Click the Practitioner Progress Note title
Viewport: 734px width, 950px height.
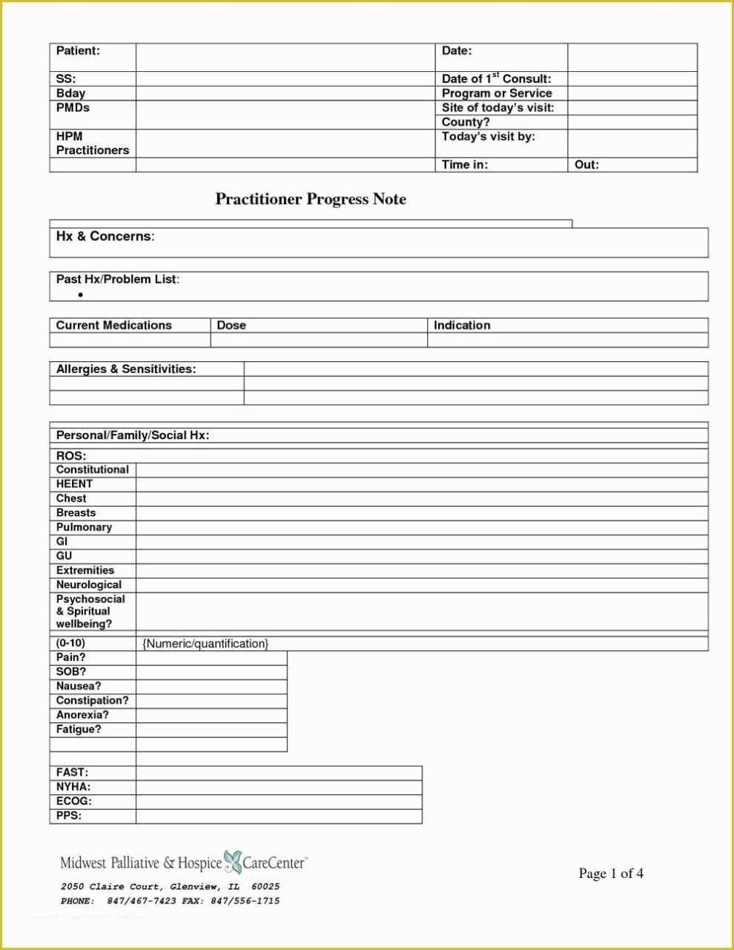[311, 199]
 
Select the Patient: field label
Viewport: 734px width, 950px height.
[78, 50]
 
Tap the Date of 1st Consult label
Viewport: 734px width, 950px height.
[496, 79]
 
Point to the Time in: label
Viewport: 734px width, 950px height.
[464, 165]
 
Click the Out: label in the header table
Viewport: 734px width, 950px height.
[586, 165]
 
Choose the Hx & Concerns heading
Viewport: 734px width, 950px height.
[105, 236]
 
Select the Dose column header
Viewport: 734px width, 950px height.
[231, 325]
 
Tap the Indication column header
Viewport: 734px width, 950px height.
[462, 325]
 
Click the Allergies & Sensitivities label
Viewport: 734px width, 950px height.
[126, 369]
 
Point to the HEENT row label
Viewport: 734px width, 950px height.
[74, 484]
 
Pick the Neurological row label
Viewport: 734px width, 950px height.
[89, 584]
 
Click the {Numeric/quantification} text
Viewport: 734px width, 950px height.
[205, 644]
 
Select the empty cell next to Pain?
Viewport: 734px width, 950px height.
[211, 658]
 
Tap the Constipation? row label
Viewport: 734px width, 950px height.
[92, 700]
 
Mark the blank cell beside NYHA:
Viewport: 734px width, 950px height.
[279, 787]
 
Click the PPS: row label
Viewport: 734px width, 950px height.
[69, 816]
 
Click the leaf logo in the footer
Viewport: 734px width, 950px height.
[233, 862]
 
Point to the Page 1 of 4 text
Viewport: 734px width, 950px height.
[611, 874]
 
